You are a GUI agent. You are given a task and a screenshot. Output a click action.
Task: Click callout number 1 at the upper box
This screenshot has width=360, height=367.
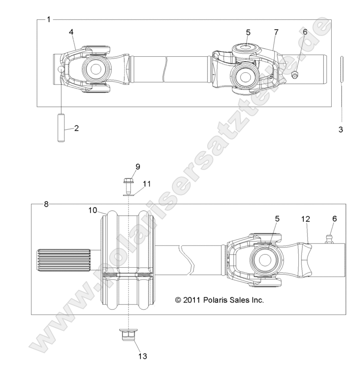pyautogui.click(x=49, y=19)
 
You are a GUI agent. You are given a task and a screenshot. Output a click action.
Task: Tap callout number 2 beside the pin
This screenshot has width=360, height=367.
pyautogui.click(x=76, y=128)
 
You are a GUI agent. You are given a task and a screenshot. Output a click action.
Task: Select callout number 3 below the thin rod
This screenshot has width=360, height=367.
pyautogui.click(x=340, y=130)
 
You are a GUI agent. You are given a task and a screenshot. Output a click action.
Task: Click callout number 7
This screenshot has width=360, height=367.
pyautogui.click(x=276, y=32)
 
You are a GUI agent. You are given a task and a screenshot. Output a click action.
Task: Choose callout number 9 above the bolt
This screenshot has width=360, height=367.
pyautogui.click(x=125, y=166)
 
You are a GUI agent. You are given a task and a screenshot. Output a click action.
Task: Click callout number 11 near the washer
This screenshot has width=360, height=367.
pyautogui.click(x=146, y=184)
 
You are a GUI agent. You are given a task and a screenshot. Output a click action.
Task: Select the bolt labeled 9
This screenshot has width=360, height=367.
pyautogui.click(x=128, y=185)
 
